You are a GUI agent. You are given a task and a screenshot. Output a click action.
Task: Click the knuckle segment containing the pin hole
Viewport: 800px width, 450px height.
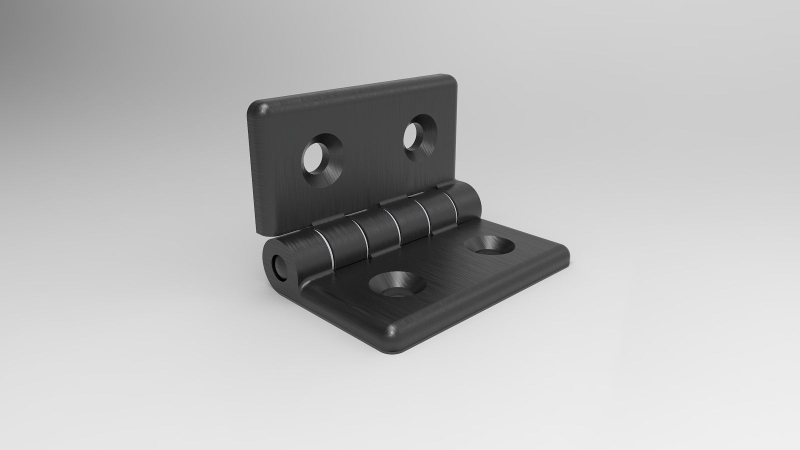pyautogui.click(x=295, y=255)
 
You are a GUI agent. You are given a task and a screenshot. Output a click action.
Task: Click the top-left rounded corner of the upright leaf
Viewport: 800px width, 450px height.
pyautogui.click(x=257, y=108)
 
